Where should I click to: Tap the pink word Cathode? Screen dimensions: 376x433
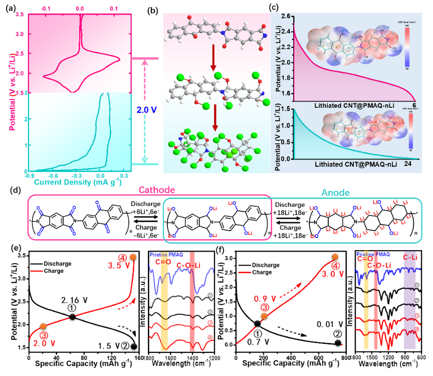[x=156, y=191]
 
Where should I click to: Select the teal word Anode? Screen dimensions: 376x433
[x=335, y=192]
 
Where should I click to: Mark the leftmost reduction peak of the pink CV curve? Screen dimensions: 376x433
[x=44, y=77]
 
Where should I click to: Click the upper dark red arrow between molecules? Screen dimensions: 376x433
[x=213, y=57]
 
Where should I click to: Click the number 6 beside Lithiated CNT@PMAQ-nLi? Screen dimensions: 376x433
[x=414, y=105]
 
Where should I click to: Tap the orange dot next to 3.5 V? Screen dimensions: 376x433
[x=133, y=257]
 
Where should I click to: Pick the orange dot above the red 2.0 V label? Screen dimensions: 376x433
[x=43, y=326]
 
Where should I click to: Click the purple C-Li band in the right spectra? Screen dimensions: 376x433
[x=410, y=301]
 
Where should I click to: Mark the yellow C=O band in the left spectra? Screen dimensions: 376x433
[x=164, y=306]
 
